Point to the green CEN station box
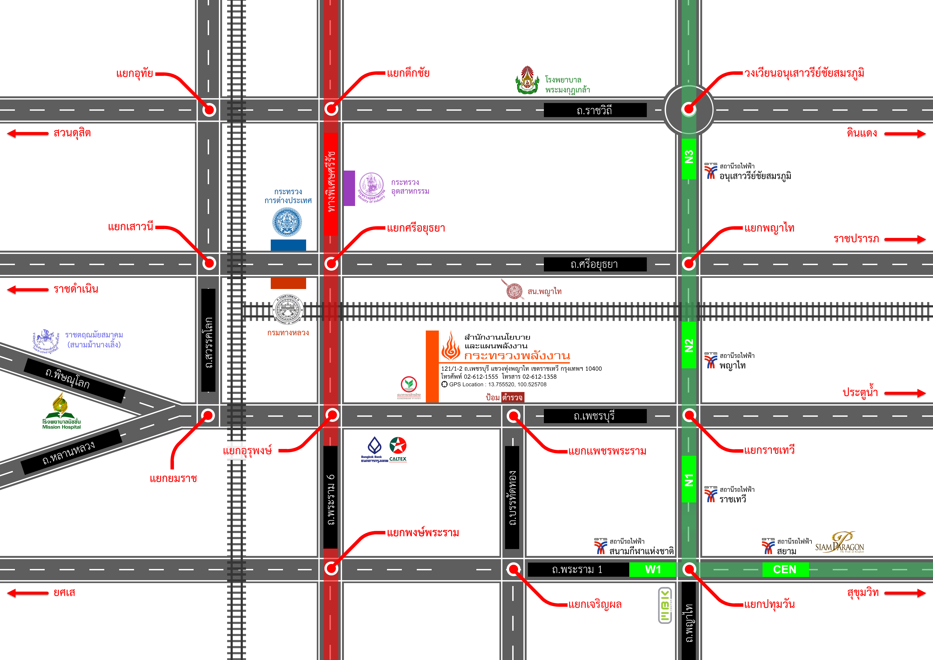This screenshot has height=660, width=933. pyautogui.click(x=785, y=569)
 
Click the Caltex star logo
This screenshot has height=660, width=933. pyautogui.click(x=398, y=446)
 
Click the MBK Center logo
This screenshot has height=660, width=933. pyautogui.click(x=665, y=605)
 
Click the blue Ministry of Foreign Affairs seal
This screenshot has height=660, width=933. pyautogui.click(x=287, y=222)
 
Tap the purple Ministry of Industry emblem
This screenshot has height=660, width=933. pyautogui.click(x=371, y=185)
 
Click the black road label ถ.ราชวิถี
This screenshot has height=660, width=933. pyautogui.click(x=595, y=110)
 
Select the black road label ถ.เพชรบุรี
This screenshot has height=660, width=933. pyautogui.click(x=595, y=416)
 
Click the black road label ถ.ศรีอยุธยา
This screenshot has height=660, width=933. pyautogui.click(x=595, y=264)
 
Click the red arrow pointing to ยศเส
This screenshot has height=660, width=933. pyautogui.click(x=28, y=593)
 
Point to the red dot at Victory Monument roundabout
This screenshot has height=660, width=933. pyautogui.click(x=688, y=109)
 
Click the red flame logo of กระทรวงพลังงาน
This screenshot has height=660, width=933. pyautogui.click(x=451, y=346)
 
